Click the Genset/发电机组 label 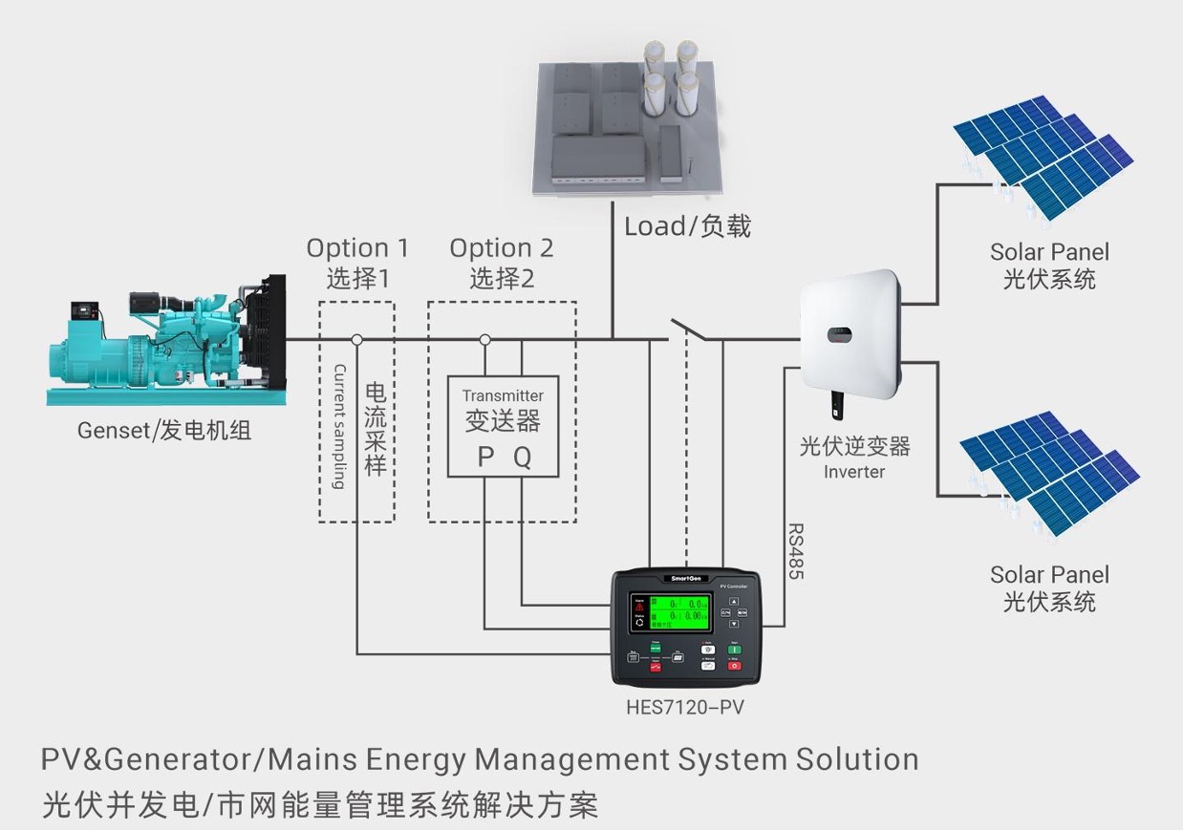click(x=164, y=431)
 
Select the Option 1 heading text click(x=357, y=248)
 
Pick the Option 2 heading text click(x=502, y=248)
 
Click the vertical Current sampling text click(x=338, y=426)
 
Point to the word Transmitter click(x=503, y=395)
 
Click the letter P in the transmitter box click(x=485, y=458)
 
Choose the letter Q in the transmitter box click(x=522, y=458)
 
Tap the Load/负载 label click(x=688, y=226)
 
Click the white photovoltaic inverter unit click(x=850, y=334)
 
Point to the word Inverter click(x=854, y=472)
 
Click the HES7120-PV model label click(x=685, y=708)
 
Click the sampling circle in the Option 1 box click(x=356, y=339)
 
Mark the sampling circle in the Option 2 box click(x=484, y=339)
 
